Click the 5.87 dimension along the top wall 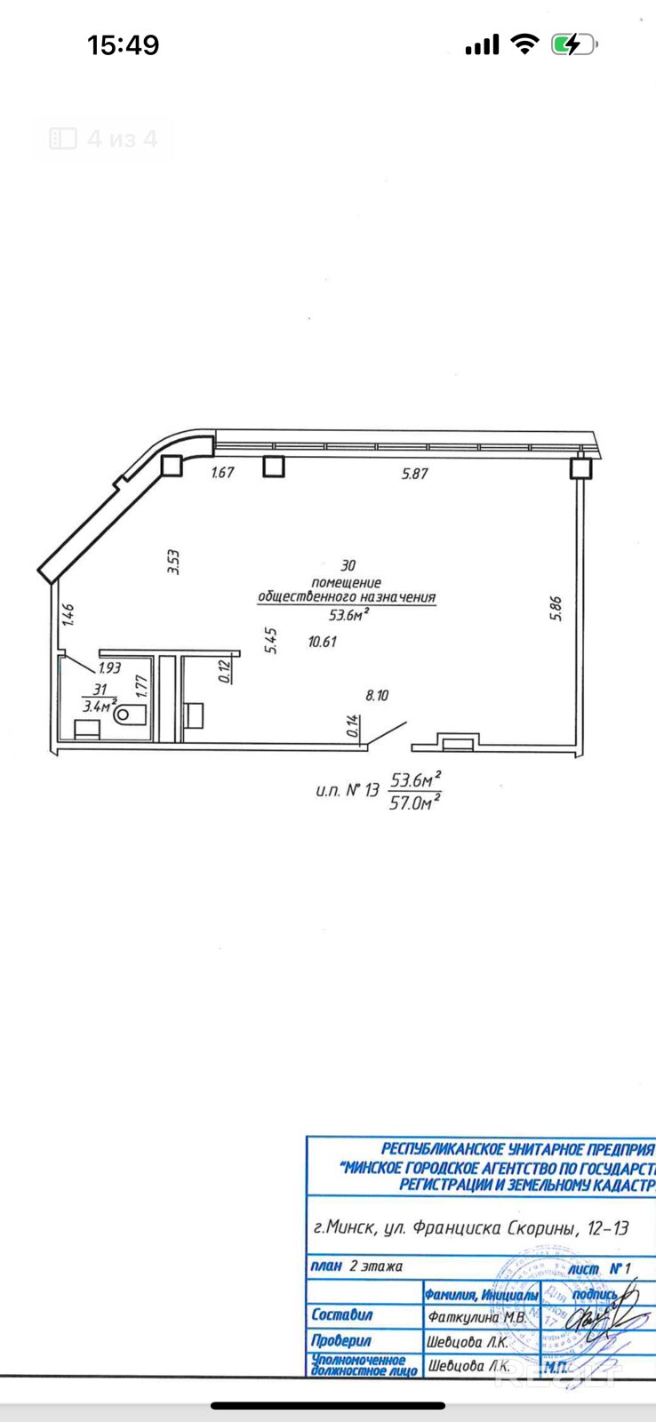[414, 474]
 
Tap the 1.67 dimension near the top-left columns [222, 473]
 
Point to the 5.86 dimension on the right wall [556, 608]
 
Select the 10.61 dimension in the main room [322, 642]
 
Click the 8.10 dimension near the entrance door [377, 696]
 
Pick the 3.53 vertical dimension [174, 562]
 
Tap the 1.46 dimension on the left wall [68, 614]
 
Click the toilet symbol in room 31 [130, 713]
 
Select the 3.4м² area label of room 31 [100, 707]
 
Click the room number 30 [348, 565]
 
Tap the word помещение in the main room [348, 582]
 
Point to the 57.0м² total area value [415, 803]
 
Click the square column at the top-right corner [580, 468]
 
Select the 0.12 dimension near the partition [224, 668]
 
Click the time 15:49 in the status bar [123, 44]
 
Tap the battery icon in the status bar [573, 44]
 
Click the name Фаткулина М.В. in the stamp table [477, 1318]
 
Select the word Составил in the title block [342, 1314]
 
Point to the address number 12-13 [608, 1228]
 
